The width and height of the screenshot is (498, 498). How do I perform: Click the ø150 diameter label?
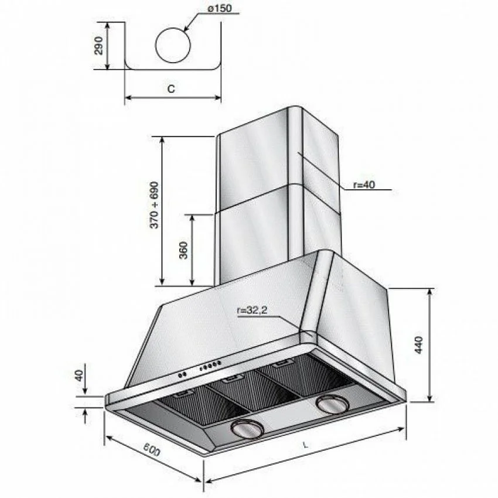tap(220, 8)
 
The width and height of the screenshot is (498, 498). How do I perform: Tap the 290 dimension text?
tap(99, 45)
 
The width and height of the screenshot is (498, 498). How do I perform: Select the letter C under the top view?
tap(171, 88)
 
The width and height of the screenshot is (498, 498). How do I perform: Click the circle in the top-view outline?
tap(173, 45)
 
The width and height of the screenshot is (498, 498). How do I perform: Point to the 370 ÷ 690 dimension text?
tap(154, 205)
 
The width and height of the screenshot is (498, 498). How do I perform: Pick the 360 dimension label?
tap(184, 250)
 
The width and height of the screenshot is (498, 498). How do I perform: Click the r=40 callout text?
tap(364, 184)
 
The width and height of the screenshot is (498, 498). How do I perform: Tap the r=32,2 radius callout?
tap(252, 311)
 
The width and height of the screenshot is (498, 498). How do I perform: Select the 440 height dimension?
tap(419, 344)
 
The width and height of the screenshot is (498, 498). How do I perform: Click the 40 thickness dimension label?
tap(80, 375)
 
